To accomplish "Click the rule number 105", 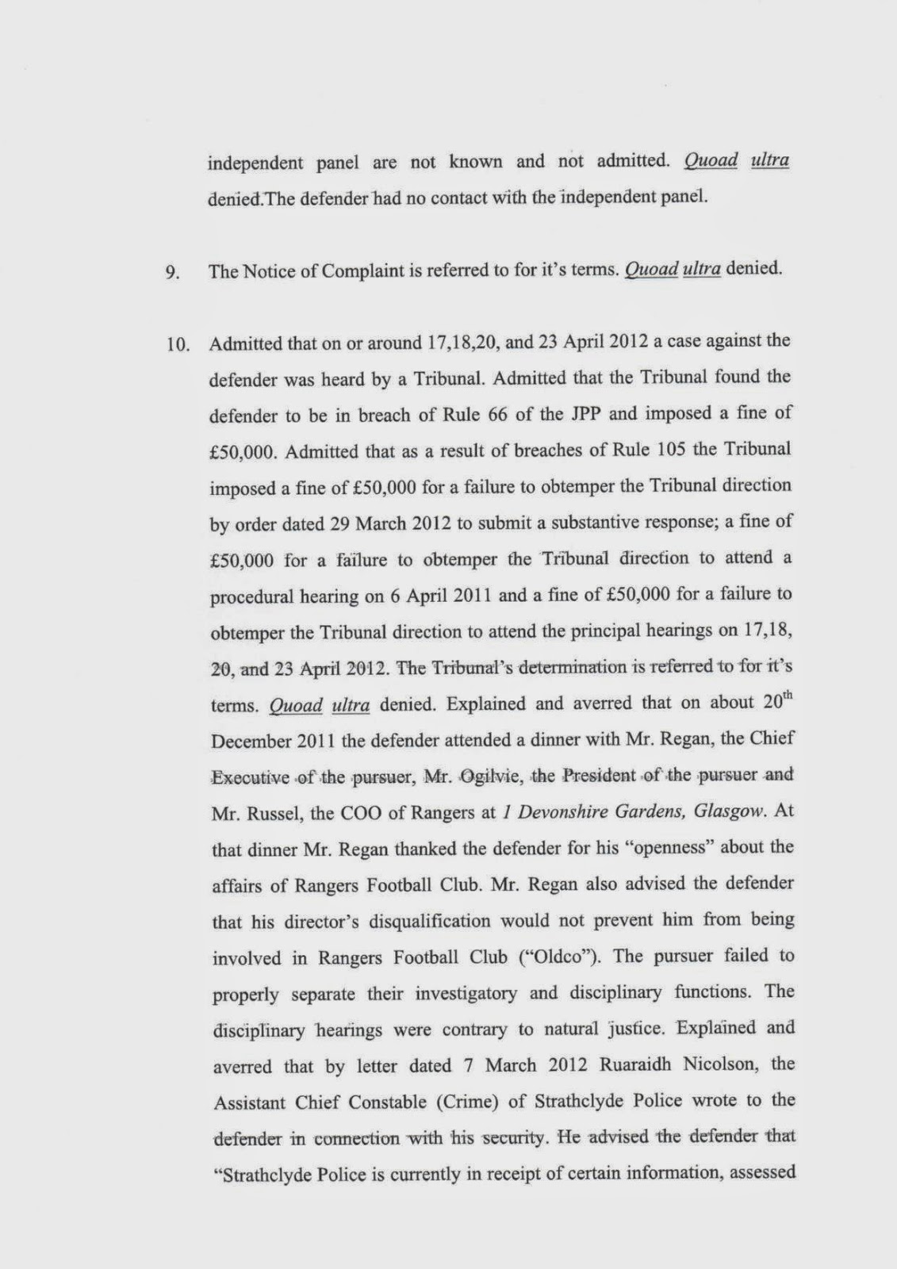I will (673, 449).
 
